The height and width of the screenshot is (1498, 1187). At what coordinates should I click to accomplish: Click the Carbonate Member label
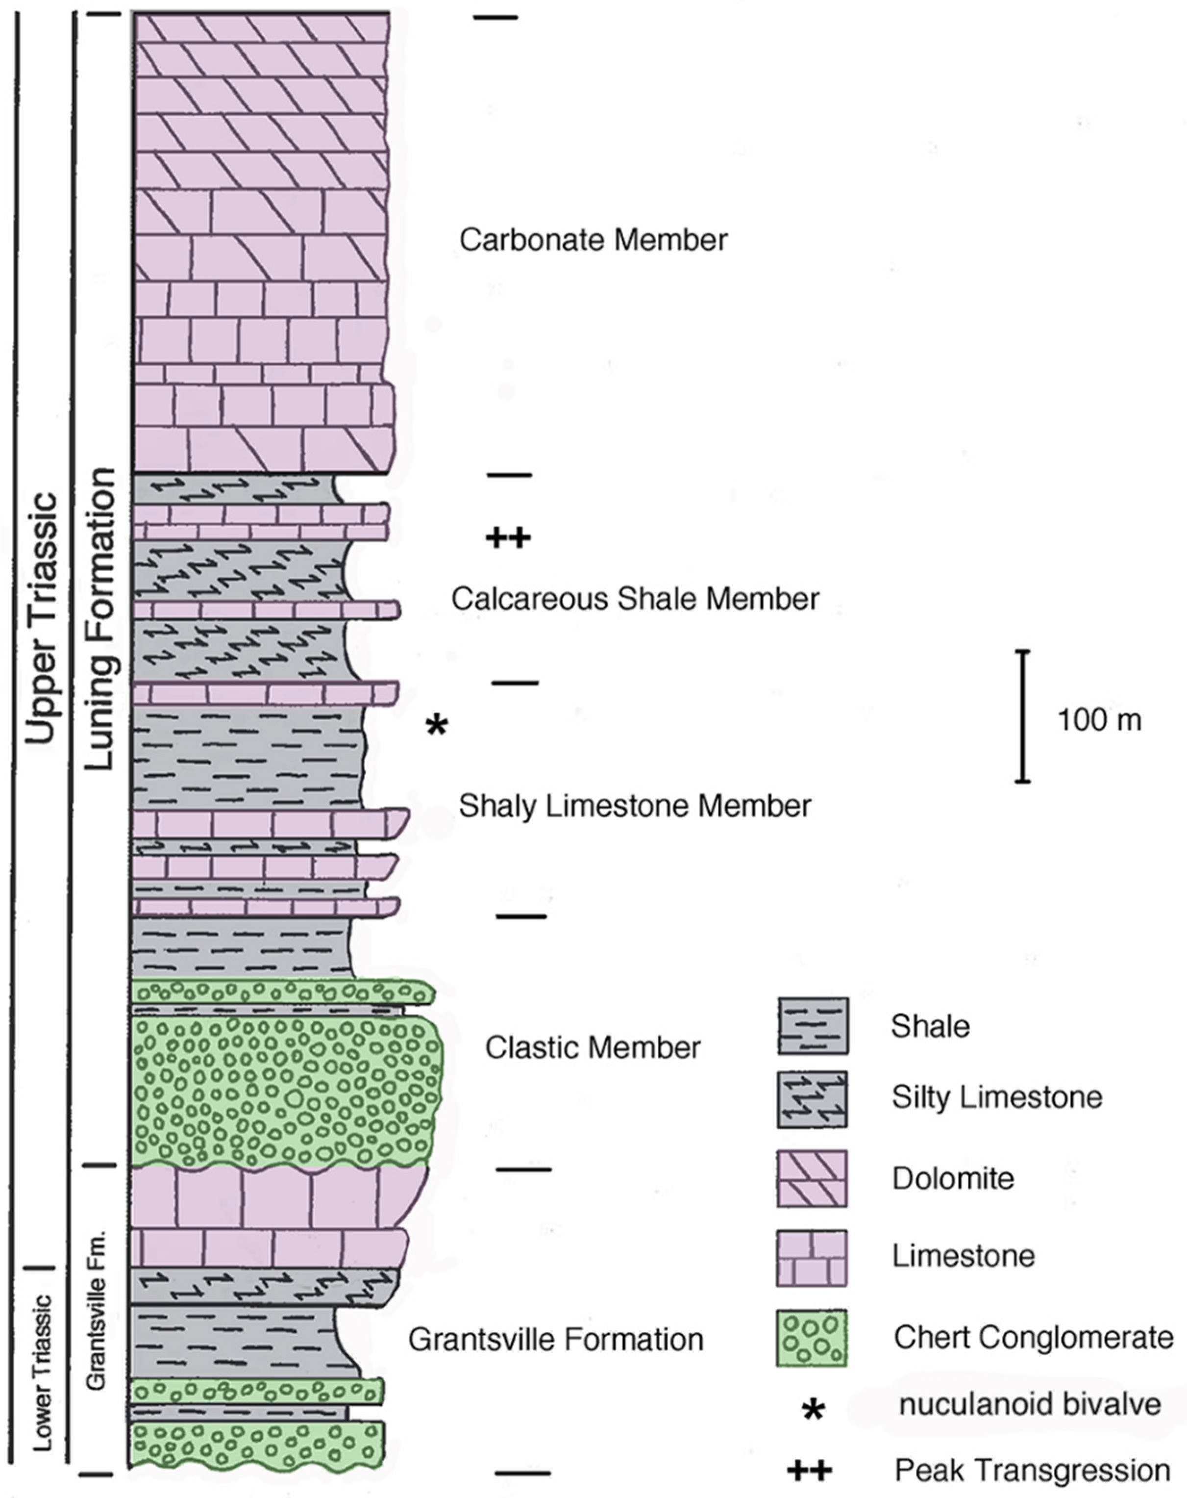click(593, 240)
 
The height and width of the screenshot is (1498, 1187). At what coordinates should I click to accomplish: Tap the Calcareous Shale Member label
click(635, 599)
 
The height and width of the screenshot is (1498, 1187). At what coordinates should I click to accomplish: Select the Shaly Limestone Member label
click(634, 806)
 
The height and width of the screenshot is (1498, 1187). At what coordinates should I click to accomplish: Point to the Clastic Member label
click(593, 1048)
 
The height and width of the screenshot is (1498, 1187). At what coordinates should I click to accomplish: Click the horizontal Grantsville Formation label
click(556, 1340)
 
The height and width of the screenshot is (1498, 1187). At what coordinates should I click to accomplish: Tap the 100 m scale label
click(1099, 720)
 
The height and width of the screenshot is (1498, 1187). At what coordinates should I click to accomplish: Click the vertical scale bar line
click(1022, 715)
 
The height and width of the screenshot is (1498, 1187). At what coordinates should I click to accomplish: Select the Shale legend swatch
click(813, 1026)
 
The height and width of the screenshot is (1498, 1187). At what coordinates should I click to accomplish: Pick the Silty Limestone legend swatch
click(812, 1098)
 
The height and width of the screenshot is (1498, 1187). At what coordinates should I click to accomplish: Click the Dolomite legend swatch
click(812, 1178)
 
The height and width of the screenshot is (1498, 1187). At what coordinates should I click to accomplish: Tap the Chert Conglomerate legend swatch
click(812, 1338)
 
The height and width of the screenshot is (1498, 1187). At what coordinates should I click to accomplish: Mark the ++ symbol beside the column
click(508, 537)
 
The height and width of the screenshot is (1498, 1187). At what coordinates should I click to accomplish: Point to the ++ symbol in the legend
click(809, 1470)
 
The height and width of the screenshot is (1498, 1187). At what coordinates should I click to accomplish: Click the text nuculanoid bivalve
click(1029, 1404)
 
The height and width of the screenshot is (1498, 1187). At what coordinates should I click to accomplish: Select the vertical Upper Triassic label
click(40, 618)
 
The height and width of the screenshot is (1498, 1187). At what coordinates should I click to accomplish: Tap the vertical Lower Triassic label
click(43, 1372)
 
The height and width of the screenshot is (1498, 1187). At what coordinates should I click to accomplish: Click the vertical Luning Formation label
click(99, 618)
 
